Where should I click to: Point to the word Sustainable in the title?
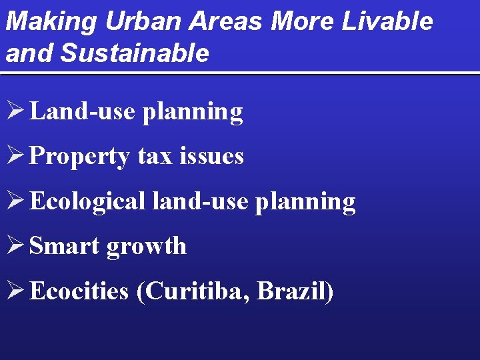click(134, 53)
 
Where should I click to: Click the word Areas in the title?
click(226, 22)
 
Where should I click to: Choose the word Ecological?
click(87, 201)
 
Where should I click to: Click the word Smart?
click(65, 246)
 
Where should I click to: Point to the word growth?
click(147, 247)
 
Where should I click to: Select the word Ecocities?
click(79, 291)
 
